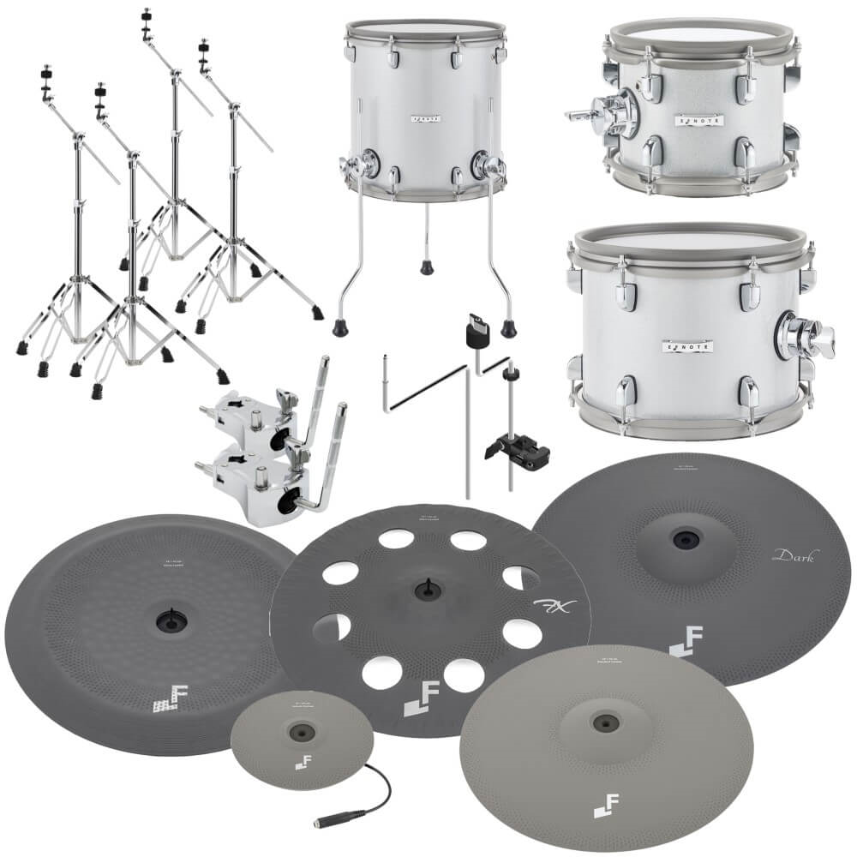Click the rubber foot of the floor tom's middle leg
click(x=426, y=267)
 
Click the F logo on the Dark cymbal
click(x=680, y=644)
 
